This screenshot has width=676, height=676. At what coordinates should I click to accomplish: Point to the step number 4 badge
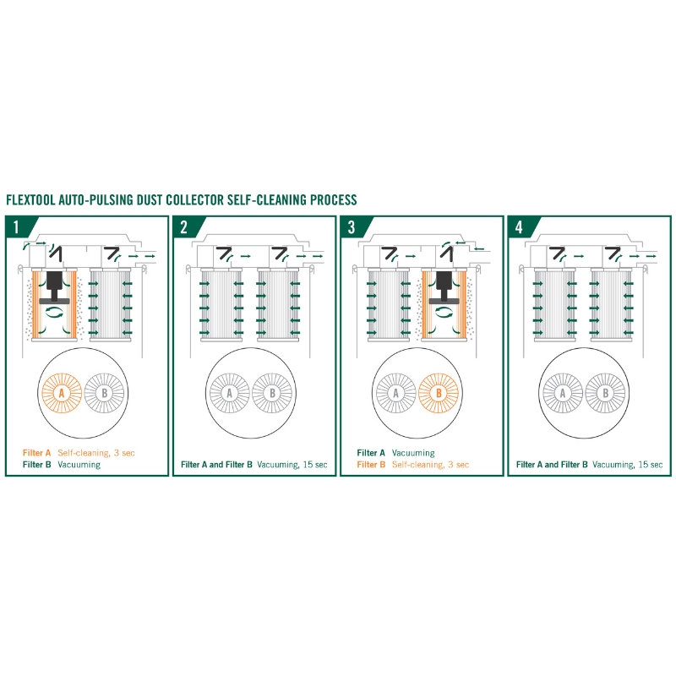point(521,226)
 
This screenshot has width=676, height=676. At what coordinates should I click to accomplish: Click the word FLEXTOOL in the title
point(30,200)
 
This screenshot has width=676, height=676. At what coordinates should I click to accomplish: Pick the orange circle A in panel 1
point(62,393)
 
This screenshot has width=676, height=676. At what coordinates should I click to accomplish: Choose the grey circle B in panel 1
point(104,393)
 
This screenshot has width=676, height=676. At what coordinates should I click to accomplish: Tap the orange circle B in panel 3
point(439,393)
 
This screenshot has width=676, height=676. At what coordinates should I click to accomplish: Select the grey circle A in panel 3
point(396,393)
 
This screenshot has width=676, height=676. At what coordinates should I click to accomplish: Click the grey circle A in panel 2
point(229,393)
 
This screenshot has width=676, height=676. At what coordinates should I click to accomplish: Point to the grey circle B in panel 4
point(606,393)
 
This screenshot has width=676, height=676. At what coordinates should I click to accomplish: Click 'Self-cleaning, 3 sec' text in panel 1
point(96,453)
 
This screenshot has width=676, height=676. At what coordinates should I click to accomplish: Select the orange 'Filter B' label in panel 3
point(371,465)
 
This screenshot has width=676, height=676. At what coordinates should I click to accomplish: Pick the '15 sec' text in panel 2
point(315,465)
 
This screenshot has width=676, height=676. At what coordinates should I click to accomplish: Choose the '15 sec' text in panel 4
point(651,465)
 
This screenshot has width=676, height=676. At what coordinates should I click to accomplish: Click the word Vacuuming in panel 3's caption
point(413,453)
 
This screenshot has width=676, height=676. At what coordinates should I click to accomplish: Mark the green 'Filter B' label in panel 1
point(37,465)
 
